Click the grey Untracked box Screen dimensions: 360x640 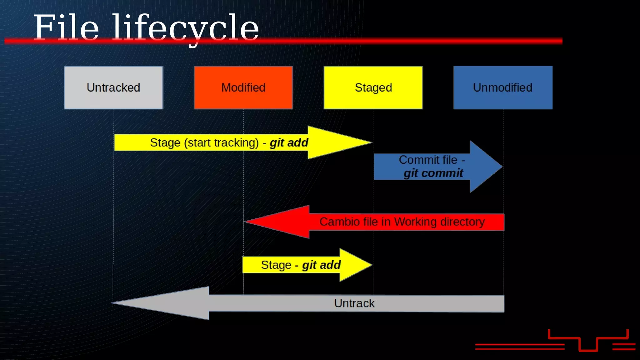[x=113, y=87]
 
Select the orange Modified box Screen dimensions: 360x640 [x=243, y=87]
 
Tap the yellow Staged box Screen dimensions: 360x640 [x=373, y=87]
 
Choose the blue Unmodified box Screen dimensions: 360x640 [x=503, y=87]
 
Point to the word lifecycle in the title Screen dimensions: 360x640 [x=185, y=29]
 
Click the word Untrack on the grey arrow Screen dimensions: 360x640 [x=354, y=303]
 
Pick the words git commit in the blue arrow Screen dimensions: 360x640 [x=433, y=173]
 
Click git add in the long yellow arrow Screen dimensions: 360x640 [x=289, y=142]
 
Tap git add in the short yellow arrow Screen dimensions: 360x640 [x=321, y=265]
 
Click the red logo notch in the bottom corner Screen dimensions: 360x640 [x=588, y=344]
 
